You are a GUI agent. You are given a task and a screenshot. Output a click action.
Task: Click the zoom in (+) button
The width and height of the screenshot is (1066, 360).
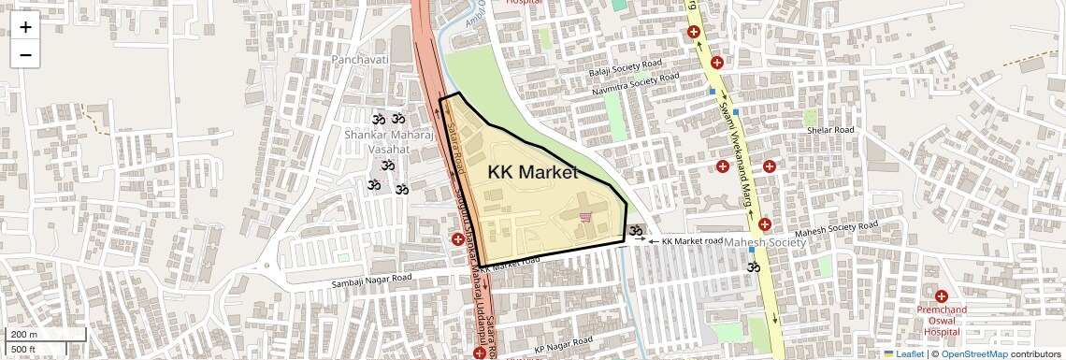tap(25, 27)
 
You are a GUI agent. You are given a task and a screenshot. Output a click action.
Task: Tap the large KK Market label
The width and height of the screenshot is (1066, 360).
tap(532, 172)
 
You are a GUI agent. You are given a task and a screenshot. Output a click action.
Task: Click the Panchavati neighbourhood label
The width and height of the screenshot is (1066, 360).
tap(359, 59)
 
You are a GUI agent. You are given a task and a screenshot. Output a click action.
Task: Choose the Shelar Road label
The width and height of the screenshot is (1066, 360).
tap(830, 130)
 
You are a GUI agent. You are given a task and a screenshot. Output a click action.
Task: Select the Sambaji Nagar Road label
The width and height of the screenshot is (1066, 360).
tap(371, 279)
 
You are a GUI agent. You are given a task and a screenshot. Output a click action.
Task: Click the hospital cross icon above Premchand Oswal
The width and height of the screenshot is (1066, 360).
tap(941, 296)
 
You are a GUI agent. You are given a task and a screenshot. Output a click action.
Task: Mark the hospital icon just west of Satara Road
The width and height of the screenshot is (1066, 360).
tap(457, 239)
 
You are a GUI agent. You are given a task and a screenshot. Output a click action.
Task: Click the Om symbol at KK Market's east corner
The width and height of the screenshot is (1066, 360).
tap(636, 231)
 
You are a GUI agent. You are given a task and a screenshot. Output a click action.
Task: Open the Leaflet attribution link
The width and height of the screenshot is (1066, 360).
tap(903, 353)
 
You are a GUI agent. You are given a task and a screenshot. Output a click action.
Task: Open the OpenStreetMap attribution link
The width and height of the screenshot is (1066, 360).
tap(973, 353)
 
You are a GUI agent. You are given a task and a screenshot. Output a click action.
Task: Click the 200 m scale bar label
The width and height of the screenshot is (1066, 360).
tap(23, 335)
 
